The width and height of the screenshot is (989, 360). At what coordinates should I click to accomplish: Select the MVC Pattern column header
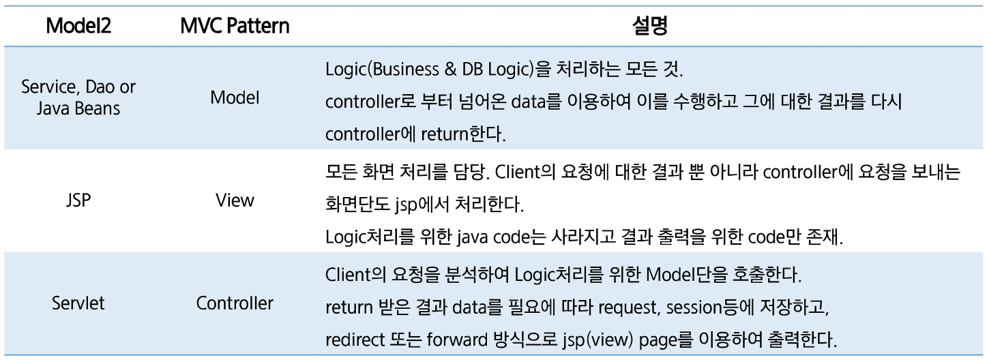[x=234, y=27]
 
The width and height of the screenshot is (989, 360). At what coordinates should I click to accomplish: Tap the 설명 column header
[x=644, y=27]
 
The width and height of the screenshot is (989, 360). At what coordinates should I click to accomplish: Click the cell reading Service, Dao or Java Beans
[x=79, y=97]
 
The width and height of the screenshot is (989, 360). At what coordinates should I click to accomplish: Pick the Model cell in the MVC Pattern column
[x=235, y=97]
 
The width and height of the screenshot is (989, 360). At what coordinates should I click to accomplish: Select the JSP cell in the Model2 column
[x=79, y=200]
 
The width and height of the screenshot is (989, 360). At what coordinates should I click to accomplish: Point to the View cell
[x=235, y=200]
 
